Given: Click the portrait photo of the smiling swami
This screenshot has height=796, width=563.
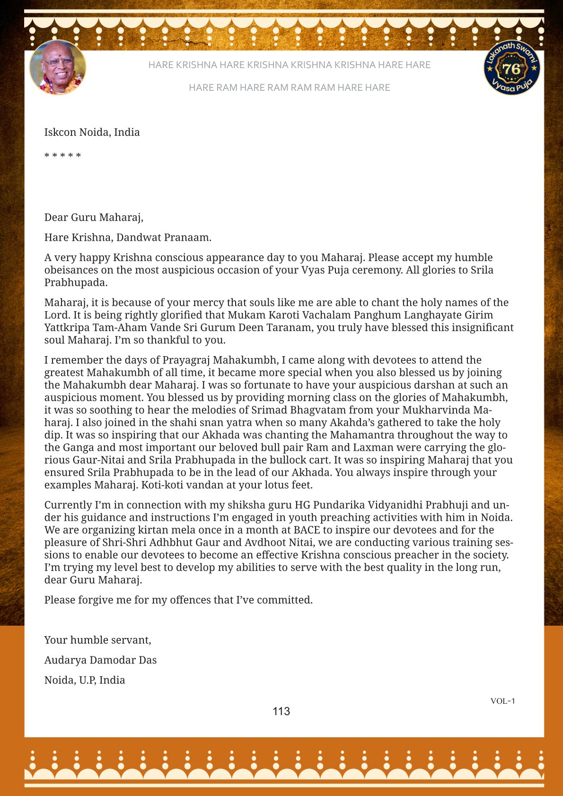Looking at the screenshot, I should click(58, 67).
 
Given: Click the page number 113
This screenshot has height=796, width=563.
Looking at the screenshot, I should click(281, 711).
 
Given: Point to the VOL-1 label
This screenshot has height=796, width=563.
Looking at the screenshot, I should click(502, 701).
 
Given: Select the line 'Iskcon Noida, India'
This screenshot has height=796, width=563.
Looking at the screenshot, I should click(92, 132).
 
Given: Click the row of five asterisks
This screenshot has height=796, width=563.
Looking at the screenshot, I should click(62, 156).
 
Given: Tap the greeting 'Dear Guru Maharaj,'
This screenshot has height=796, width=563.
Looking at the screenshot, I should click(94, 217).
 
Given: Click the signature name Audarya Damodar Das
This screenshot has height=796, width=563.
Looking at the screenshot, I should click(100, 660).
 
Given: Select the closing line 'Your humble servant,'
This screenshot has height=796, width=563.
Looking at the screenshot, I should click(97, 640).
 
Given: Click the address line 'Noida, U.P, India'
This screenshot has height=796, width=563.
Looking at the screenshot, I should click(85, 680).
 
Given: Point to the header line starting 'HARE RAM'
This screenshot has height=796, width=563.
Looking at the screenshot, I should click(289, 87).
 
